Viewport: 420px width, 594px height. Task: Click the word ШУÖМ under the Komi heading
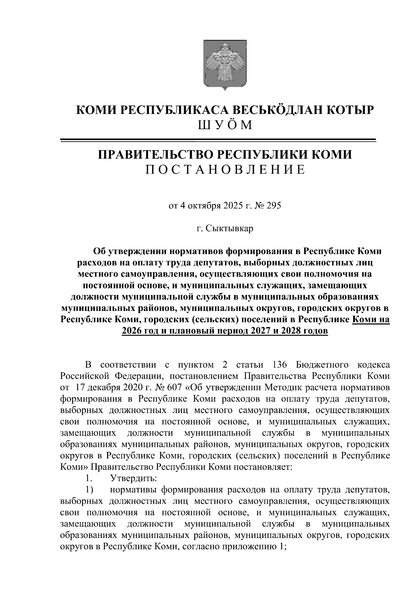click(x=225, y=125)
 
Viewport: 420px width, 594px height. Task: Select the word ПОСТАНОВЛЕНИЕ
click(x=225, y=169)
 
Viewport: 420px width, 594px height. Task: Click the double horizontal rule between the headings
click(x=218, y=140)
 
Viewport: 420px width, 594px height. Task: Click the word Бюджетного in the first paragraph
click(x=322, y=365)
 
